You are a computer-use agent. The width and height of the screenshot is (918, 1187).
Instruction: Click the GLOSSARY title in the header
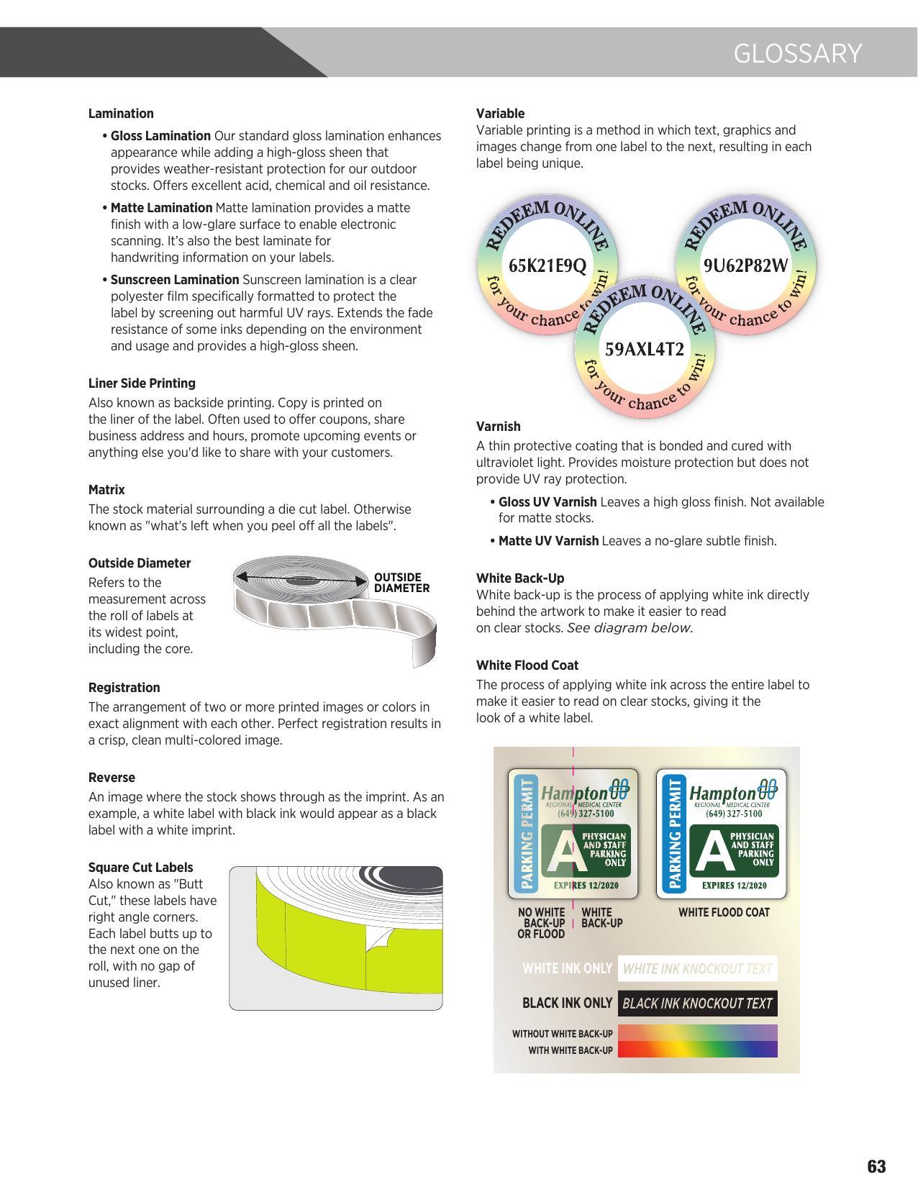[797, 54]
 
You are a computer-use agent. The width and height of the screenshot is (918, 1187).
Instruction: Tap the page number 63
[876, 1166]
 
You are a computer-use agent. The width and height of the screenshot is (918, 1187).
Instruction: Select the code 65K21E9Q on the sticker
[547, 265]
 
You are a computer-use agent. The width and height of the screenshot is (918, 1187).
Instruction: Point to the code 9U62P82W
[745, 265]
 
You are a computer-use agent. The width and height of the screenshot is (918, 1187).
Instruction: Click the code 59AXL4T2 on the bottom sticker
[644, 350]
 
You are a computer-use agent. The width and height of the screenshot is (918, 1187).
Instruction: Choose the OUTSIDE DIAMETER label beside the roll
[401, 583]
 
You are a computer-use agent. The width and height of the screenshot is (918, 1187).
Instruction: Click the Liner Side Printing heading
[142, 383]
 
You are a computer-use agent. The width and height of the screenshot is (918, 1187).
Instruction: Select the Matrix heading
[106, 490]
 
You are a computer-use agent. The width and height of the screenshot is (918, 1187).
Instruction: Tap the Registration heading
[124, 688]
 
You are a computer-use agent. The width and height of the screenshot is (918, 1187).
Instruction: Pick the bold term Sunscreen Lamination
[175, 280]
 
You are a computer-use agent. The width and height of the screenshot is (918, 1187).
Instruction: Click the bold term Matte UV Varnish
[548, 541]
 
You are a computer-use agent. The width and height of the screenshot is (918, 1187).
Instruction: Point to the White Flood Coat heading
[527, 665]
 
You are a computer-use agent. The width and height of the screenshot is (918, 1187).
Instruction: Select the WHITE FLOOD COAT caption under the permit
[724, 913]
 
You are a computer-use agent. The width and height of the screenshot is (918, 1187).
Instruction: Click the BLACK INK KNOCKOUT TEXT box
[697, 1004]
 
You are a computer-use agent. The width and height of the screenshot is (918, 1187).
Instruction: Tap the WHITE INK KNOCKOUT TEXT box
[697, 969]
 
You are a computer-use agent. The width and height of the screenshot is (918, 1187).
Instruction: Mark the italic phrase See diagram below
[630, 628]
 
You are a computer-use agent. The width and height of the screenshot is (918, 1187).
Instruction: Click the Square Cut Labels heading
[140, 868]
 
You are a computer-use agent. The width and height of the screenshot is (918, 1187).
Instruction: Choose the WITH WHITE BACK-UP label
[571, 1050]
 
